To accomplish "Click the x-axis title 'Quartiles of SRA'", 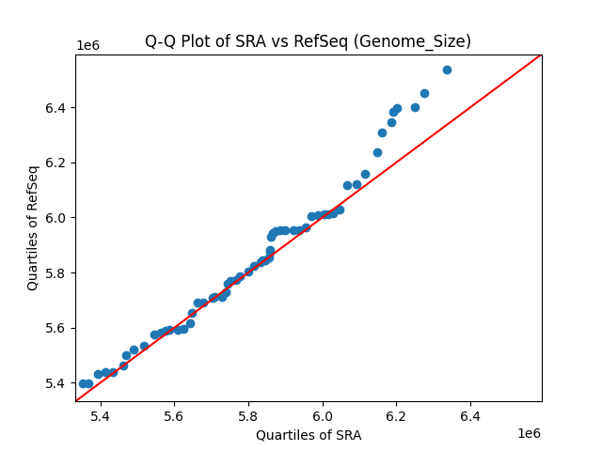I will tap(309, 435).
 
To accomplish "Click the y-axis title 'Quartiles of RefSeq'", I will tap(33, 227).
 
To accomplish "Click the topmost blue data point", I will tap(447, 70).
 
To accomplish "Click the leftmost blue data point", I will tap(83, 383).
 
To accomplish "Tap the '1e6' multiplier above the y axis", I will tap(88, 46).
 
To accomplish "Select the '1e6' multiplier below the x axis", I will tap(528, 433).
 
